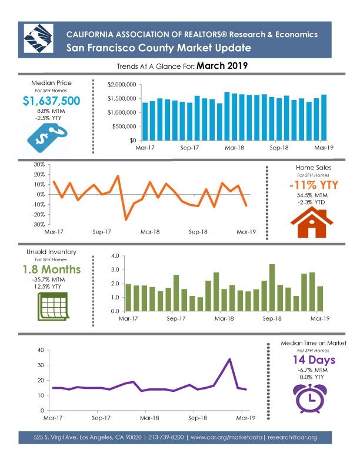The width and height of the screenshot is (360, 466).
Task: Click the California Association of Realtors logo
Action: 37,39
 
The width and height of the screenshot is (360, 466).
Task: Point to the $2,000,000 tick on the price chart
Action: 122,85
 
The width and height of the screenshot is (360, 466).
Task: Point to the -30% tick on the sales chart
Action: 40,224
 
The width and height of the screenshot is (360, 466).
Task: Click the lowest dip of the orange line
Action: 126,219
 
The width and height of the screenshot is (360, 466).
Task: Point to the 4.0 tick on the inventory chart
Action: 114,257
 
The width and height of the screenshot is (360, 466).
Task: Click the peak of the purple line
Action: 229,359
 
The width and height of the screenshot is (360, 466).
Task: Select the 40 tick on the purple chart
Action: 41,350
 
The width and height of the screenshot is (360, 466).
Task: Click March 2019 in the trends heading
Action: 221,66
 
